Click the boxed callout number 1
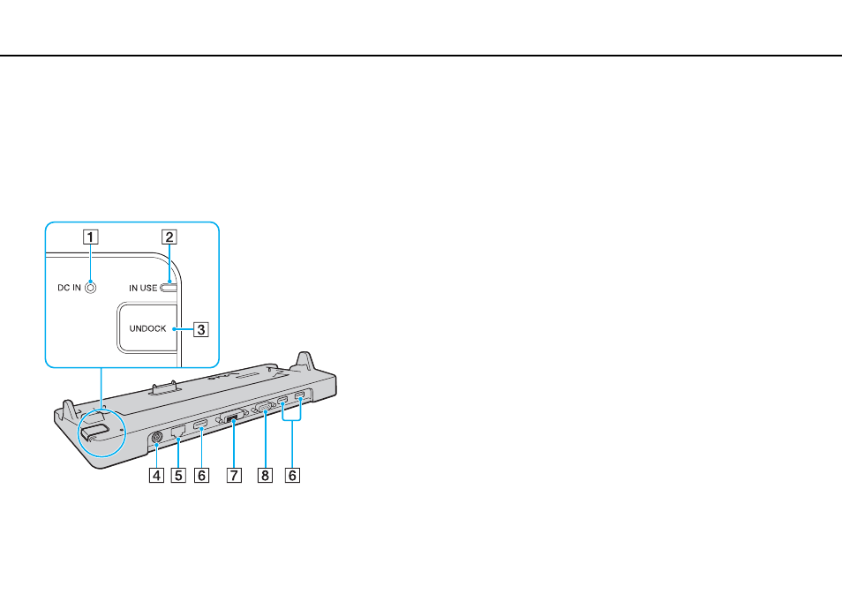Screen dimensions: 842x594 coord(90,237)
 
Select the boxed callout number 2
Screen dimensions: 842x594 coord(169,237)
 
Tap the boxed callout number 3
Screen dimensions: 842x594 coord(201,328)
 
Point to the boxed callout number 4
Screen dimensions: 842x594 coord(156,476)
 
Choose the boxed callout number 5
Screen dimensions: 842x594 coord(178,476)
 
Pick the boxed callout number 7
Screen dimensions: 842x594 coord(234,476)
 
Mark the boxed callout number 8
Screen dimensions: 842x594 coord(265,476)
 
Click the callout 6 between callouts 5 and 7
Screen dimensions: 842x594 coord(201,476)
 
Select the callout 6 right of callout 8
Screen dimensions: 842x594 coord(292,476)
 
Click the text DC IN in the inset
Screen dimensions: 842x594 coord(69,288)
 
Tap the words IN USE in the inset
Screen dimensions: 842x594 coord(143,288)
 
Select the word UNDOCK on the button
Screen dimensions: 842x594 coord(147,328)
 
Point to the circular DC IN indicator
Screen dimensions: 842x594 coord(91,288)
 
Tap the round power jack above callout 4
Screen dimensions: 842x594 coord(156,438)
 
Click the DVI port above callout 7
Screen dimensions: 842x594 coord(232,417)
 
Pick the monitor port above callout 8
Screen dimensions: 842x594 coord(266,408)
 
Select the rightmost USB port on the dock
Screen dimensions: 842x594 coord(299,398)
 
